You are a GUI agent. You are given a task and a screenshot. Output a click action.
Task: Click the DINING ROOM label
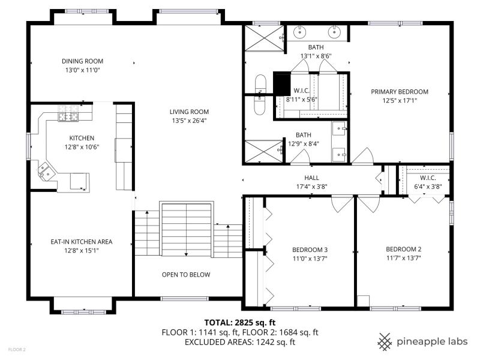tap(82, 61)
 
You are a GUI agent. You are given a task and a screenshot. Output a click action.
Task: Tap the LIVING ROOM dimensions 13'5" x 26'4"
tap(189, 121)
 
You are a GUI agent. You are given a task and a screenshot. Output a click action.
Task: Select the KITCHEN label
tap(82, 138)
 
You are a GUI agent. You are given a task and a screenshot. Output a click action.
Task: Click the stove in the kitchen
tap(68, 113)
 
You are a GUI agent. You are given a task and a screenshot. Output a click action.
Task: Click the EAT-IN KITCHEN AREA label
tap(82, 242)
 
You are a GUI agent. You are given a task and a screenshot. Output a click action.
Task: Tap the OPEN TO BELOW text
tap(186, 275)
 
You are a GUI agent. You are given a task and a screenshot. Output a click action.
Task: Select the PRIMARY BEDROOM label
tap(400, 92)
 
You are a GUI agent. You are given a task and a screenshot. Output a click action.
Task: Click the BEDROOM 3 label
tap(310, 250)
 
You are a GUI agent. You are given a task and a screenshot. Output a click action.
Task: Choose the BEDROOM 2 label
tap(403, 249)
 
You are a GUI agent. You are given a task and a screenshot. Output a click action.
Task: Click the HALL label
tap(311, 178)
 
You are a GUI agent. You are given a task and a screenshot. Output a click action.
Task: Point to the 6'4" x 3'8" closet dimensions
tap(428, 187)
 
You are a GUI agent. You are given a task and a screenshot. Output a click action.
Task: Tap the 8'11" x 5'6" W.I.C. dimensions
tap(302, 100)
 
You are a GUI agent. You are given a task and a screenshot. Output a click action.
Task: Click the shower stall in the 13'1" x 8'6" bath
tap(265, 38)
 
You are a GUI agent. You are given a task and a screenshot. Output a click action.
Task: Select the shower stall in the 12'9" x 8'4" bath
tap(264, 151)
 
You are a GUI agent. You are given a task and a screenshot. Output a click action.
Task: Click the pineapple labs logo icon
tap(385, 341)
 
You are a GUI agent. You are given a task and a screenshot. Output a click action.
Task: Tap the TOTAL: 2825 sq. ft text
tap(240, 323)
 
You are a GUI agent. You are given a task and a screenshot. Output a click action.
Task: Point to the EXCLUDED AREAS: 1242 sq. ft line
tap(240, 342)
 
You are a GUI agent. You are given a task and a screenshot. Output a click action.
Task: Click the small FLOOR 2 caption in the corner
tap(17, 349)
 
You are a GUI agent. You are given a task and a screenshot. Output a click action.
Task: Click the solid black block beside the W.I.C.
tap(281, 84)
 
